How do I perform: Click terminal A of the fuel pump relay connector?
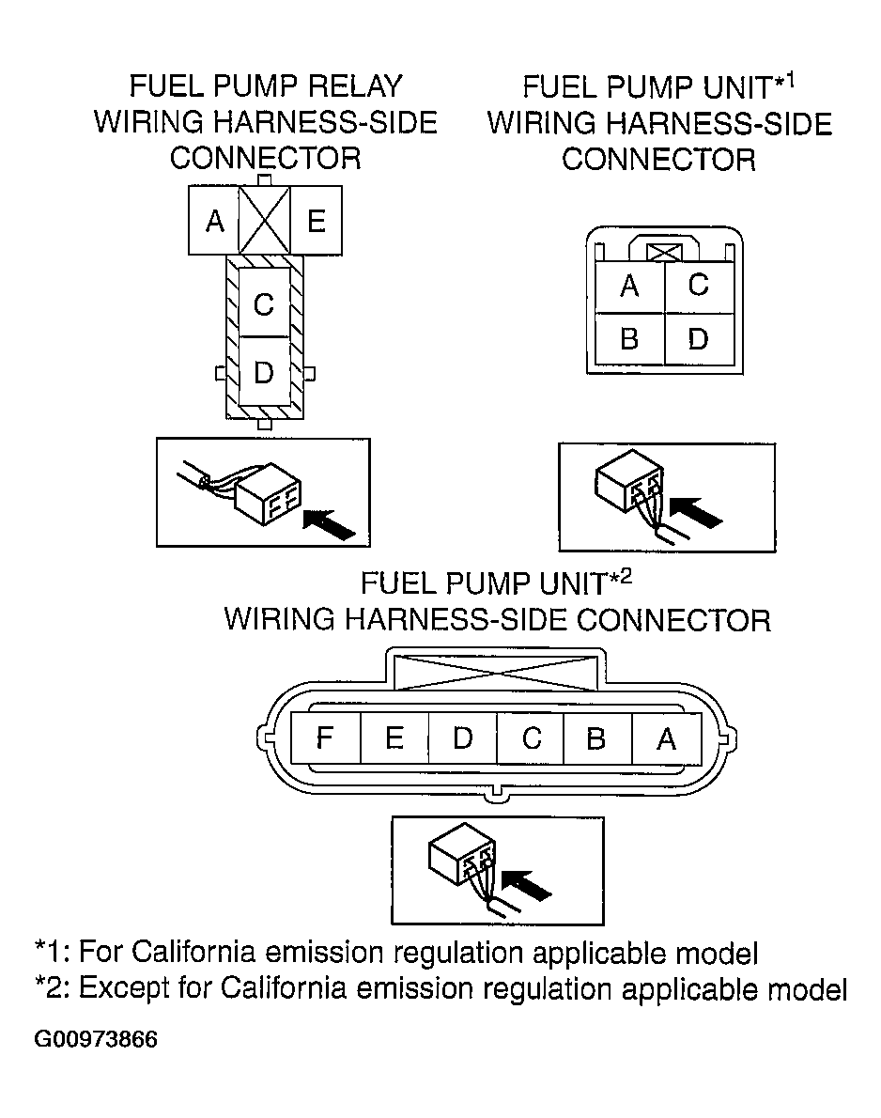[214, 221]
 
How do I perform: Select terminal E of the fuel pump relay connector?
[316, 221]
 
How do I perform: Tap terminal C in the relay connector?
[264, 303]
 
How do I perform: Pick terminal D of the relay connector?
[264, 371]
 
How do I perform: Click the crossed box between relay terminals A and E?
[265, 221]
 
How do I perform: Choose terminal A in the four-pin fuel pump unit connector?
[629, 287]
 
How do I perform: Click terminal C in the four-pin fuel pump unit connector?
[699, 287]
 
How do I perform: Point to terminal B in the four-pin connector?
[629, 338]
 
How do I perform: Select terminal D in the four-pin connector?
[699, 338]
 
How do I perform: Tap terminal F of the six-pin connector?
[326, 738]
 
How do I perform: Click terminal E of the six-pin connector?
[394, 738]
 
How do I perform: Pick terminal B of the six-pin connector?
[596, 738]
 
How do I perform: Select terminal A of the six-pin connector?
[667, 738]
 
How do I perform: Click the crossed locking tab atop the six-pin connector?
[496, 673]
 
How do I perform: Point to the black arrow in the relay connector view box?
[329, 524]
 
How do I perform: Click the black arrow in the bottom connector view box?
[526, 885]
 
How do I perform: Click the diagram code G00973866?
[96, 1039]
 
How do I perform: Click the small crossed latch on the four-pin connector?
[664, 253]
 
